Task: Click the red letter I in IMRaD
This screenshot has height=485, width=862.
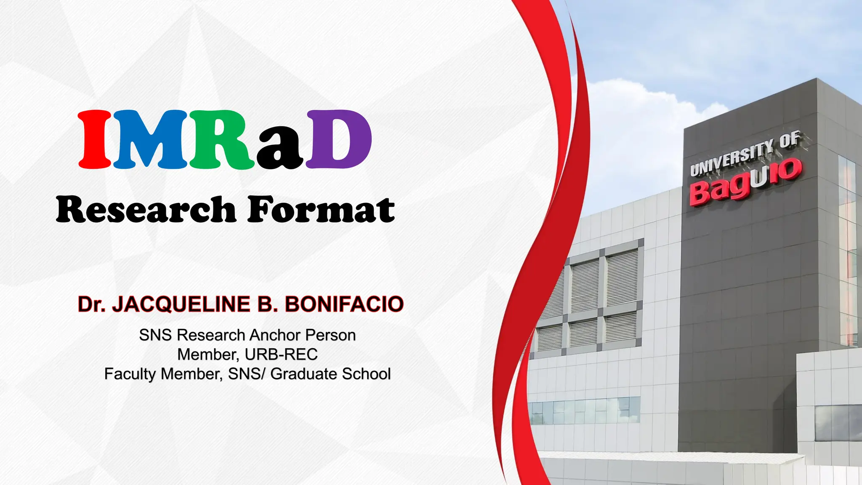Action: point(95,139)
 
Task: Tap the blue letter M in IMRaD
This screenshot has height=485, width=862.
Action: point(150,139)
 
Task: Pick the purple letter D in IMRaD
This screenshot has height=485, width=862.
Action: point(339,139)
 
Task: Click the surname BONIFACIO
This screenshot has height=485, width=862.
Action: point(344,304)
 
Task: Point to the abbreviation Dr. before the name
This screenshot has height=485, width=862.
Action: point(91,304)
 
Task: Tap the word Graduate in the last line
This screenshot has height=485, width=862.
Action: point(304,374)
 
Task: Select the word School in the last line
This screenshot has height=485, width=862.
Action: point(367,374)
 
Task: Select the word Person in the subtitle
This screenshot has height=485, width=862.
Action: point(330,336)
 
